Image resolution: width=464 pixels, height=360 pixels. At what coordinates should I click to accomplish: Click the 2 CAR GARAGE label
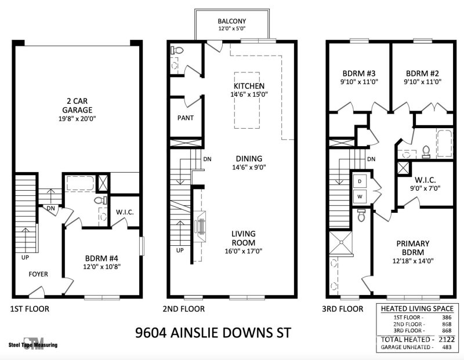point(77,104)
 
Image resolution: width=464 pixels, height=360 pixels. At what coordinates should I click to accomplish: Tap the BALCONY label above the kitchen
point(231,21)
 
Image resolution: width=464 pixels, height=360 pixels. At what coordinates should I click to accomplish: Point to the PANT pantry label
point(185,118)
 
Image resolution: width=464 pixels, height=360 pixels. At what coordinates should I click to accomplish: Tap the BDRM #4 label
point(102,258)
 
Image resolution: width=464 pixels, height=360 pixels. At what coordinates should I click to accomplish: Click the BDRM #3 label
point(359,74)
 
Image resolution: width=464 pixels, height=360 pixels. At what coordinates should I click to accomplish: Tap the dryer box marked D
point(359,181)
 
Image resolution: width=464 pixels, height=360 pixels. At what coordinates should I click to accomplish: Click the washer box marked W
point(359,197)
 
